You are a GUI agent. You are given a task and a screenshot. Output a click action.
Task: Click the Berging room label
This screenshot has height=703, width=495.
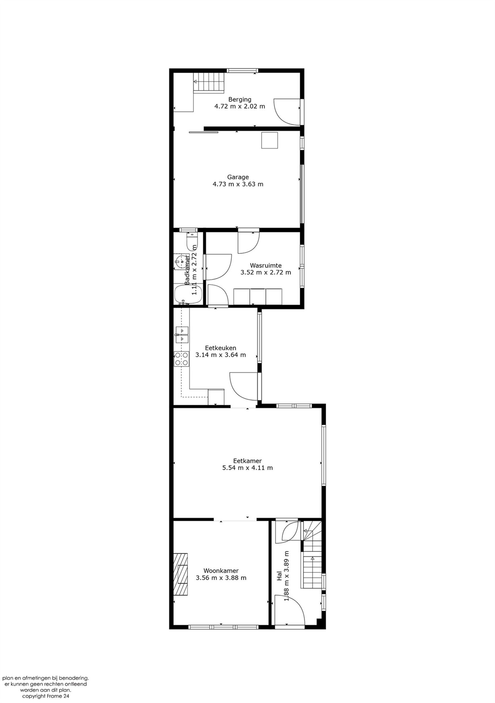point(240,100)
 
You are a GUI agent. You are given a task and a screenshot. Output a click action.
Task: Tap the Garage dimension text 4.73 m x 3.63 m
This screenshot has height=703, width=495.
point(238,184)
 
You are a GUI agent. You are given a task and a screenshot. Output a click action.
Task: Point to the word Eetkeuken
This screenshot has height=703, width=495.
point(220,348)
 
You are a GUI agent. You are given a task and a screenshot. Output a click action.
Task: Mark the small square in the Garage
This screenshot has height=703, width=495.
point(270,140)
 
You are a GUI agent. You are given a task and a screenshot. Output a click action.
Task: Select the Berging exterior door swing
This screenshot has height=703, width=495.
point(287,112)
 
